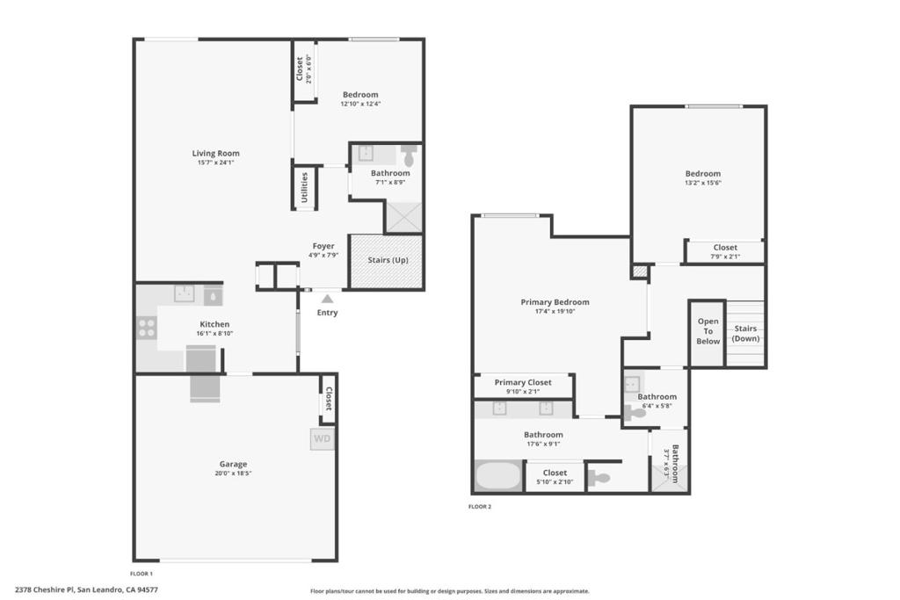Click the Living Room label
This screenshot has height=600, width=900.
coord(216,153)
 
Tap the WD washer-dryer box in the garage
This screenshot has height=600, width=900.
coord(322,439)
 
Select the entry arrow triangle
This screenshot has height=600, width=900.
coord(327,299)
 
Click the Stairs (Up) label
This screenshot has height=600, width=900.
coord(388,260)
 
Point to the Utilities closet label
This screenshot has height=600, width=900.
coord(305,188)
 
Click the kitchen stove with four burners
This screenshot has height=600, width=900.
coord(147,328)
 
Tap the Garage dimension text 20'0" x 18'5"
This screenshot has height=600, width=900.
coord(233,473)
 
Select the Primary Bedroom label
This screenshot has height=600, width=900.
coord(555,301)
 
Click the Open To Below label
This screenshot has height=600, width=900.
coord(708,331)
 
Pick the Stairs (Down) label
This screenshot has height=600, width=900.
coord(745,333)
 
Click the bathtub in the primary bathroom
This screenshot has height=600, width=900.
coord(498,475)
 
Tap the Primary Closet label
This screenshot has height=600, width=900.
coord(523,382)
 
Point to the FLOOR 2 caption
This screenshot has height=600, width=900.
coord(480,507)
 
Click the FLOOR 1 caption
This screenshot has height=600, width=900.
coord(142,574)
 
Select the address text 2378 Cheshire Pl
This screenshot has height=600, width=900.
coord(45,589)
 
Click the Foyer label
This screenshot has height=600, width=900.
coord(323,246)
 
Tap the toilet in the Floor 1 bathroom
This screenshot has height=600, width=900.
coord(409,155)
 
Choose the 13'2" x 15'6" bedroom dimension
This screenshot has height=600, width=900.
coord(702,183)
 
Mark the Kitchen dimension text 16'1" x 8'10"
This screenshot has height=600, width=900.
coord(214,333)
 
